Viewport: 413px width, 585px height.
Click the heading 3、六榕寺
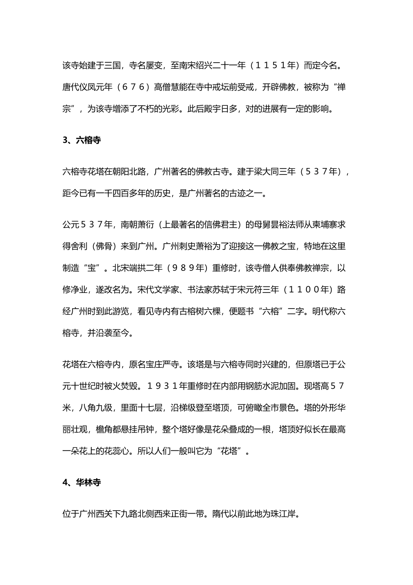[82, 140]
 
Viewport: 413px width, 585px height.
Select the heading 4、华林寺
[82, 483]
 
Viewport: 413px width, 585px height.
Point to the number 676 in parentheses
[137, 87]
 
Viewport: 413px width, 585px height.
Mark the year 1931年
[167, 386]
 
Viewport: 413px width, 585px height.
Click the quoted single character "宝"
[92, 268]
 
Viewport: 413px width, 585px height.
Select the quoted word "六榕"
[270, 311]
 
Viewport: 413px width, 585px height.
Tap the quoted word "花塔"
[230, 451]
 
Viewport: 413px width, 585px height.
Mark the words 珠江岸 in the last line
[283, 514]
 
